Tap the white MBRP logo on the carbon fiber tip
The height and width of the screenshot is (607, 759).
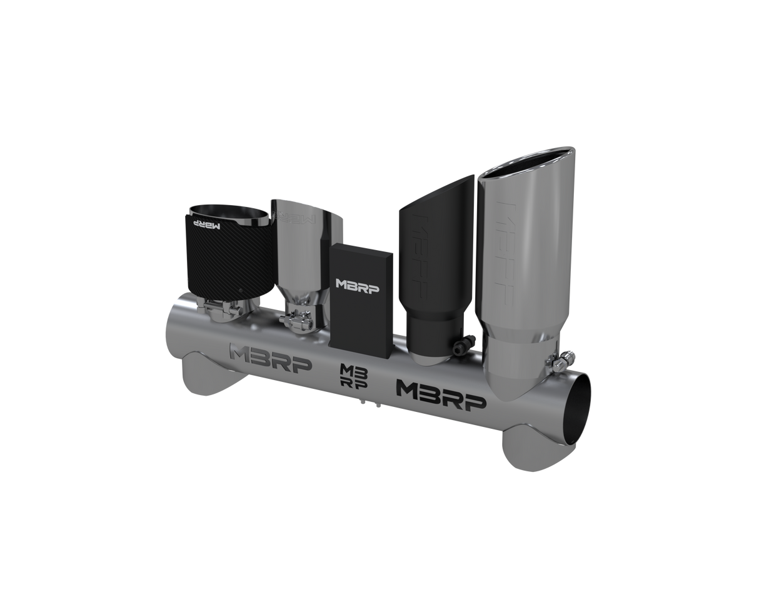[x=208, y=224]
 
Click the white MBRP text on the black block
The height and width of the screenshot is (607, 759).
[x=357, y=285]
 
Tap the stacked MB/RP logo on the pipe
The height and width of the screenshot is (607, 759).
[x=353, y=376]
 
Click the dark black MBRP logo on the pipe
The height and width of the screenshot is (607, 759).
[x=441, y=395]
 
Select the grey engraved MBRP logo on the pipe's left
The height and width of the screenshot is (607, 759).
[x=271, y=356]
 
